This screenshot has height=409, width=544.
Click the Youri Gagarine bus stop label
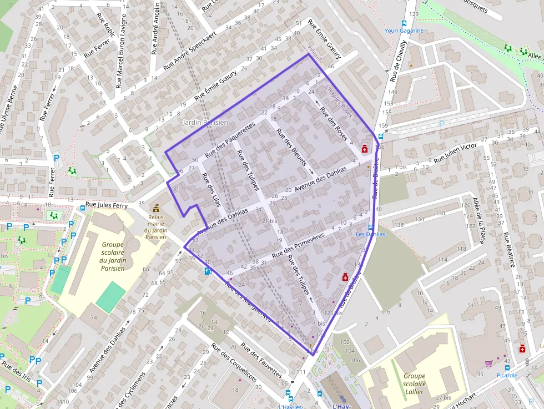click(404, 31)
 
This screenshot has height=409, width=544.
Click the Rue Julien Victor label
click(455, 153)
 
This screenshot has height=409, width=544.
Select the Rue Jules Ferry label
click(106, 205)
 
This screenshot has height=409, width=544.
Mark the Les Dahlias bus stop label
click(370, 234)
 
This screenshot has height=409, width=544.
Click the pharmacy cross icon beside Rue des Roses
click(365, 149)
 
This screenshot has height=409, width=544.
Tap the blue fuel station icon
click(208, 271)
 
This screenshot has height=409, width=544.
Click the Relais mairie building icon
click(156, 208)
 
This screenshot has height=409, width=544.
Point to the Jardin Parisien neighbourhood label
click(205, 122)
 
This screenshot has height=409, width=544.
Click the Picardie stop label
click(507, 375)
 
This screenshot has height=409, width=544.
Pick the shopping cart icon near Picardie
click(489, 364)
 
